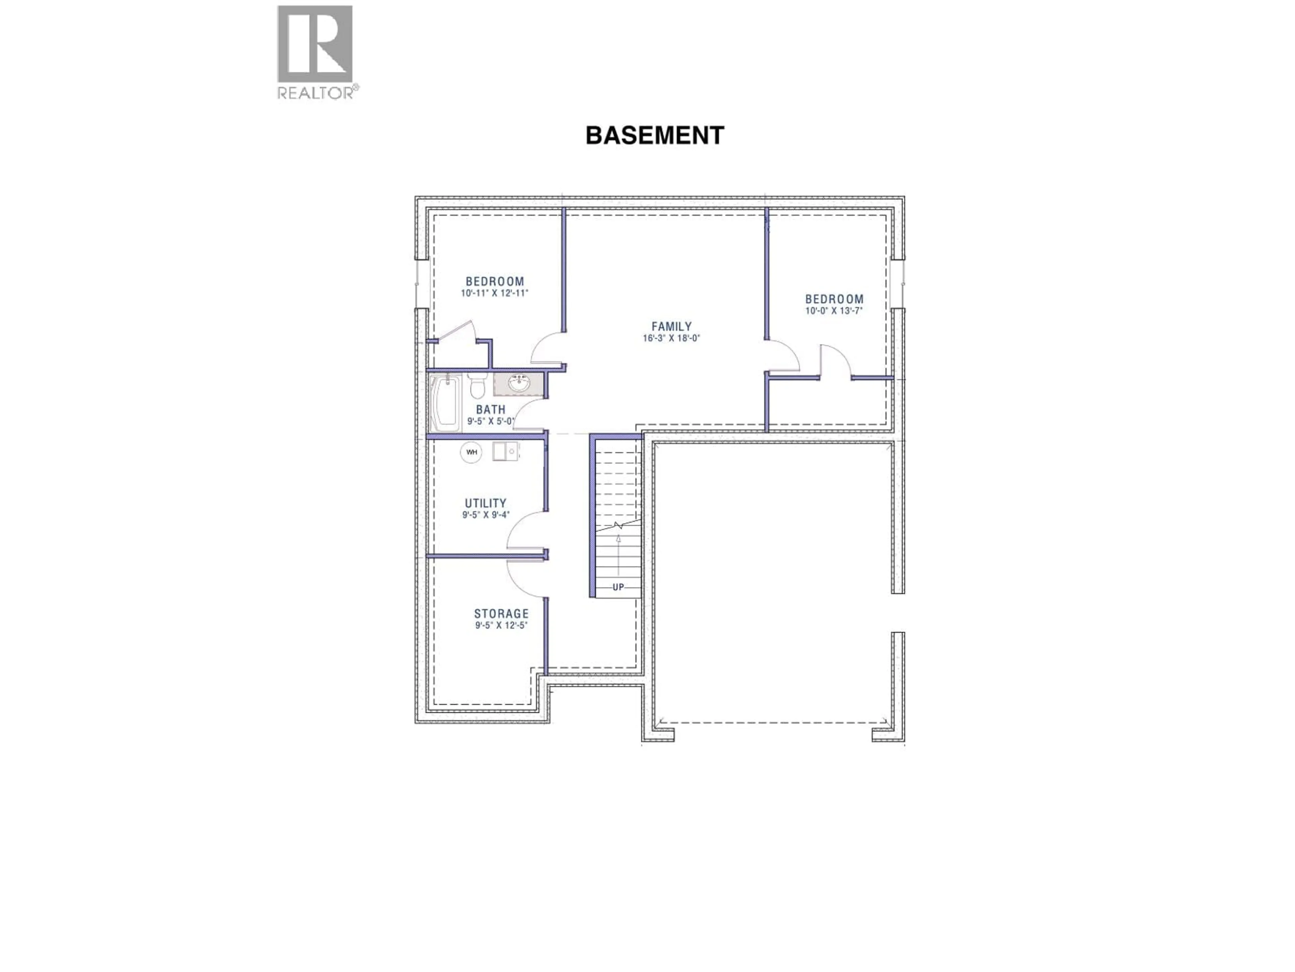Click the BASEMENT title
[x=655, y=135]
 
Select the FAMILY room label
[x=671, y=326]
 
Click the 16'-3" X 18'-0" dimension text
[x=671, y=338]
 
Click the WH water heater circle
[x=471, y=452]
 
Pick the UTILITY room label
[x=485, y=503]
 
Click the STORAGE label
[x=501, y=614]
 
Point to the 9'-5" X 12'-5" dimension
[x=501, y=625]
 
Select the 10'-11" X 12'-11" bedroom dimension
[x=495, y=293]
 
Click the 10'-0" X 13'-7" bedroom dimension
[x=834, y=311]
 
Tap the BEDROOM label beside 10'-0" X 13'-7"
[x=834, y=299]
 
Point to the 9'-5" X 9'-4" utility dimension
[x=485, y=515]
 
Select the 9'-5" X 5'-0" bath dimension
[x=490, y=421]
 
